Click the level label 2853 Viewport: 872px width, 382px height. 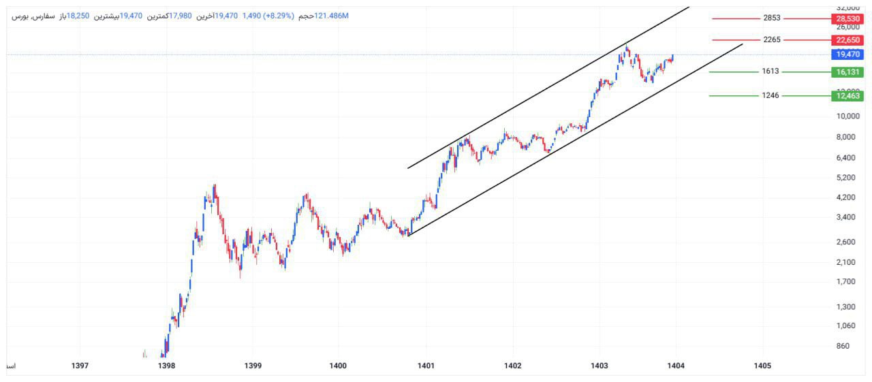click(772, 18)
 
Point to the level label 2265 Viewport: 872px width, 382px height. click(772, 39)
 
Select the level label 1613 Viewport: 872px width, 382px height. click(770, 71)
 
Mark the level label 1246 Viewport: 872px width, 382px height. click(770, 95)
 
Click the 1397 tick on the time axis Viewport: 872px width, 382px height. click(80, 366)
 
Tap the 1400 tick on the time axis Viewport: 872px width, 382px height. click(338, 366)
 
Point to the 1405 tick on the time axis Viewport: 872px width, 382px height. click(762, 366)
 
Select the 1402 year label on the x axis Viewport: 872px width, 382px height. click(513, 366)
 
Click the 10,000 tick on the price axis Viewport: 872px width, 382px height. click(847, 116)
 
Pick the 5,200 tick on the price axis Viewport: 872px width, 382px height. click(847, 177)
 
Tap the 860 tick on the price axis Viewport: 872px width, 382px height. click(843, 346)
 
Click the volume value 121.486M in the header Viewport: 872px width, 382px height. click(331, 16)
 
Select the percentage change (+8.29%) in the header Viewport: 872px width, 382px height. click(276, 16)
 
